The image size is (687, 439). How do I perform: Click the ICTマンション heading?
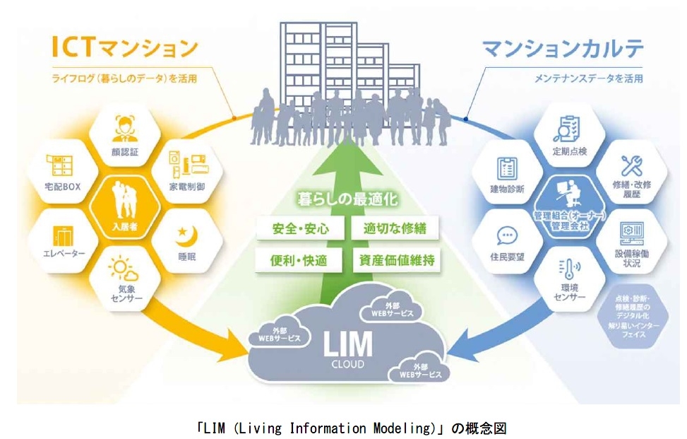click(124, 48)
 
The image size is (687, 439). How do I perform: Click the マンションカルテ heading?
click(562, 49)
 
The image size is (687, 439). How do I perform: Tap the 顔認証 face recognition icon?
click(124, 129)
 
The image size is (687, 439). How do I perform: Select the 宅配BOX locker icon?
click(60, 167)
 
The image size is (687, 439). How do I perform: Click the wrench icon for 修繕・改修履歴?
click(631, 167)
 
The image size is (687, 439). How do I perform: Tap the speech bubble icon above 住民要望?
click(506, 235)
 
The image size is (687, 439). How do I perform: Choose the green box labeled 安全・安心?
click(299, 229)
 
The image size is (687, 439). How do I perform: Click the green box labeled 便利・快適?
click(299, 260)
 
